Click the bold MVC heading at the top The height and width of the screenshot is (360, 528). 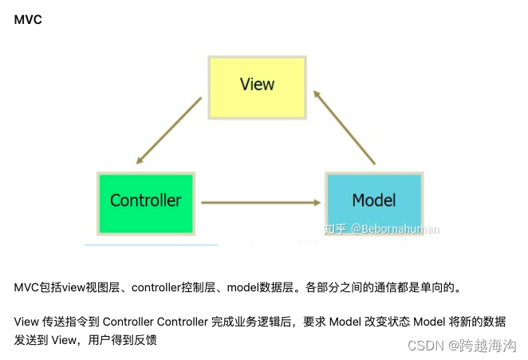(x=28, y=19)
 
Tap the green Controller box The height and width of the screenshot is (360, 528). (x=145, y=200)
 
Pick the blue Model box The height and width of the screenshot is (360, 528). (x=374, y=200)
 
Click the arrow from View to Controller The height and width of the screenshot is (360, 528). (x=168, y=131)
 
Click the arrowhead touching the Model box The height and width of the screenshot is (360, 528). (x=317, y=202)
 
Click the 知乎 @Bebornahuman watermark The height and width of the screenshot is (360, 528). (x=381, y=229)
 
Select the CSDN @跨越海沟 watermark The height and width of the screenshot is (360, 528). (x=462, y=345)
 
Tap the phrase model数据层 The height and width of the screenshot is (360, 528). (x=262, y=287)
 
